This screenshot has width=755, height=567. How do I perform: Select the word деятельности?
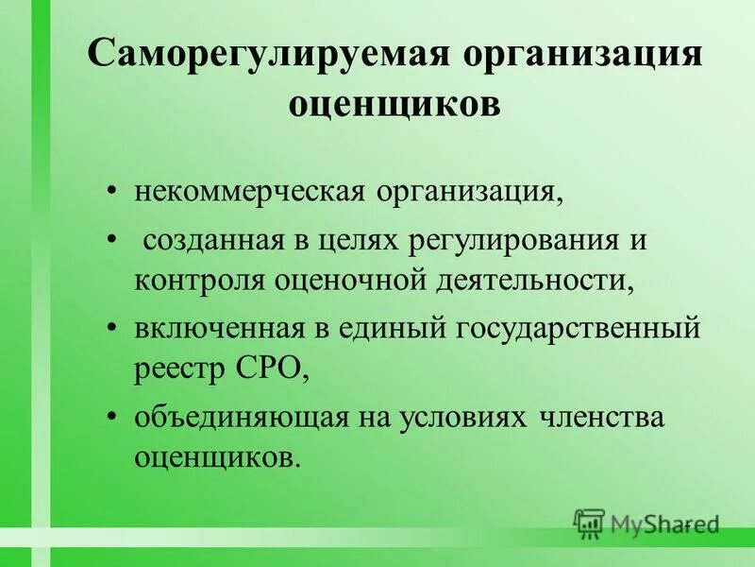click(x=528, y=280)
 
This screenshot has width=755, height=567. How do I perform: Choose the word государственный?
click(x=579, y=329)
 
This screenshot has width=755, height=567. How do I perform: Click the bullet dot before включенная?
click(x=113, y=329)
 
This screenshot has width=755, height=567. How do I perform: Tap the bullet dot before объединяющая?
click(x=113, y=418)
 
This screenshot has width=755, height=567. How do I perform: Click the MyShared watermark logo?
click(x=646, y=523)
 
